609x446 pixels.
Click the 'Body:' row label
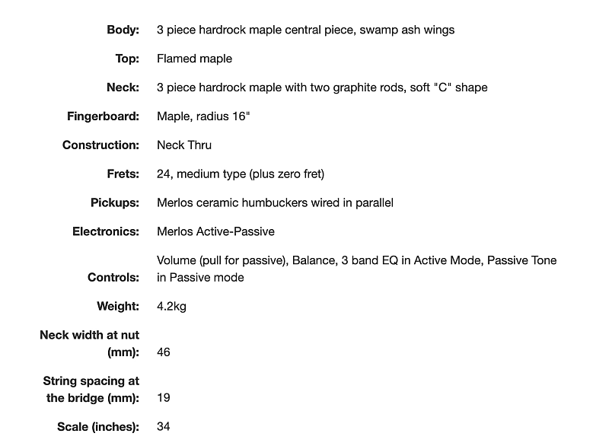coord(123,30)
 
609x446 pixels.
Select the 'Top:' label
coord(127,59)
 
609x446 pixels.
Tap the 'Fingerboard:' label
coord(103,116)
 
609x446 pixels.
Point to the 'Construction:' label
coord(100,145)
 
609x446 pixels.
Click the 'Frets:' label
coord(123,174)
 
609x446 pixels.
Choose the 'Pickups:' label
coord(115,202)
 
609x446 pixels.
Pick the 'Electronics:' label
coord(106,231)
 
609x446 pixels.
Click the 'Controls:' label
coord(113,277)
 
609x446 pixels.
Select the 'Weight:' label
coord(118,306)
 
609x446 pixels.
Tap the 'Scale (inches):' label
coord(98,426)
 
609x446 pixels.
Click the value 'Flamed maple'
coord(194,59)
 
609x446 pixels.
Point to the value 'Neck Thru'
coord(184,145)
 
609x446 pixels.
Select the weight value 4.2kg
coord(171,306)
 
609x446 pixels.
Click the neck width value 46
coord(164,352)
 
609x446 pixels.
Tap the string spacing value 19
coord(164,397)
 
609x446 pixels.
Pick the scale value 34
coord(164,426)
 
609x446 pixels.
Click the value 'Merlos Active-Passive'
coord(215,231)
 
